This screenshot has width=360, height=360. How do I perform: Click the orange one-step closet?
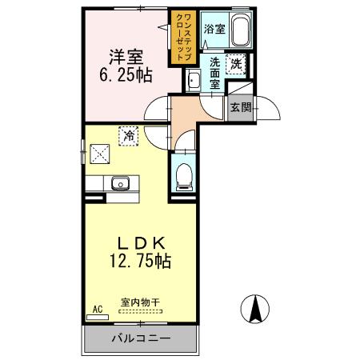click(177, 38)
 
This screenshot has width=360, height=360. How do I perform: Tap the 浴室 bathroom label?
click(214, 30)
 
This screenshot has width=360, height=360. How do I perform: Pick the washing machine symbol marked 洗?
click(237, 64)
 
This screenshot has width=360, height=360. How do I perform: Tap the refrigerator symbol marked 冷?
click(128, 136)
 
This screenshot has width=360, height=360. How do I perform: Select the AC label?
click(98, 308)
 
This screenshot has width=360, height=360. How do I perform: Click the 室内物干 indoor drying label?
click(141, 302)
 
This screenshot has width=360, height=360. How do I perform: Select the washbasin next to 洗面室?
click(193, 79)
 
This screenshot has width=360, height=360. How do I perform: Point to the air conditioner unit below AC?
click(97, 317)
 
